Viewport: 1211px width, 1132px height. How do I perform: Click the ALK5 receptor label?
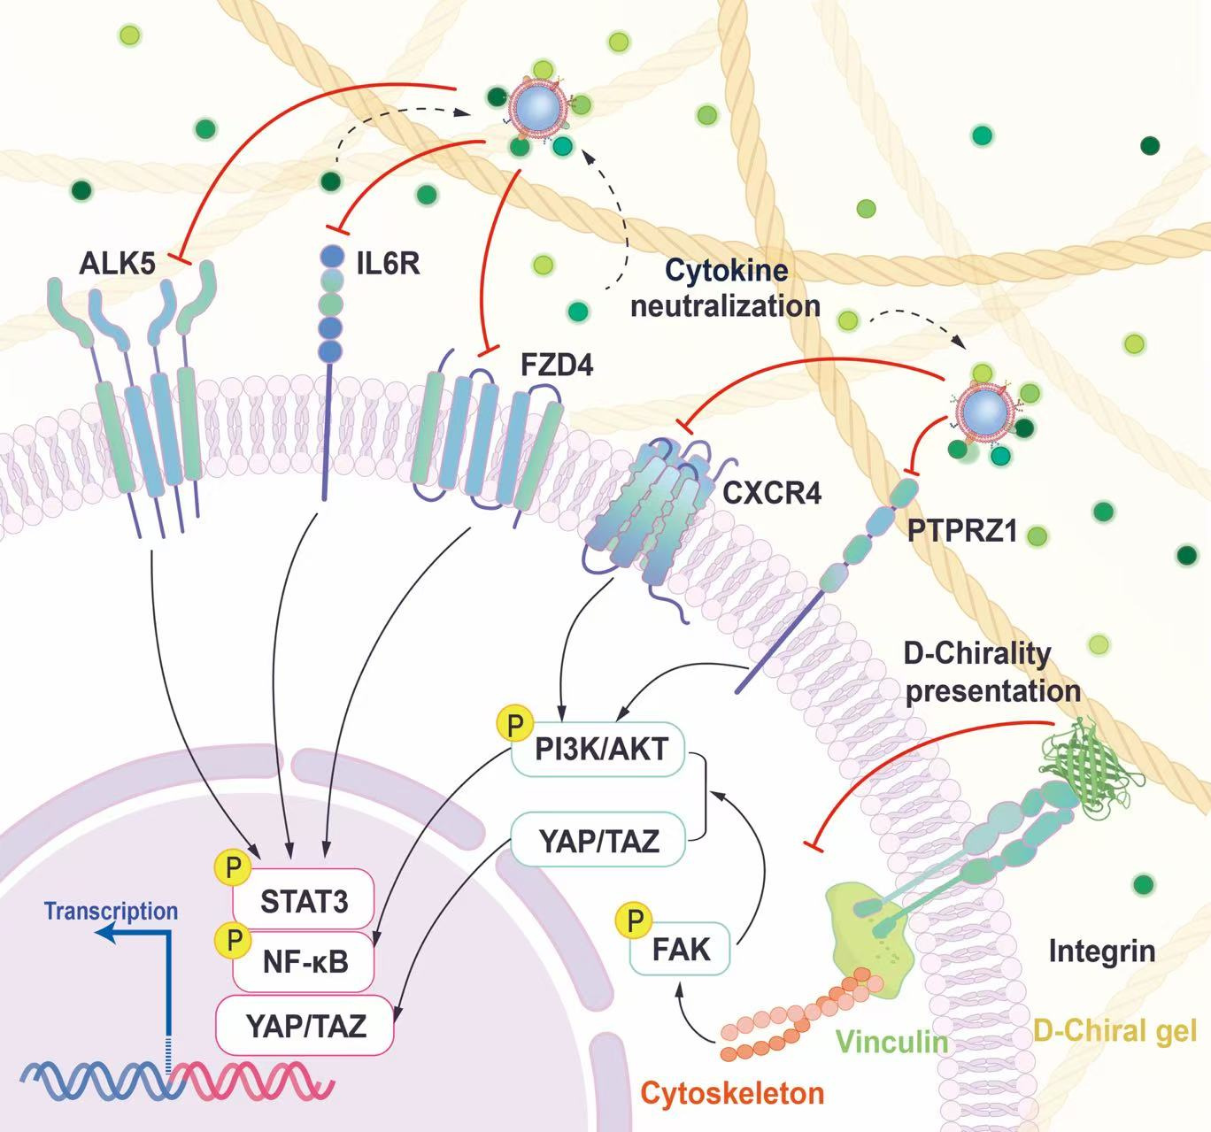(117, 265)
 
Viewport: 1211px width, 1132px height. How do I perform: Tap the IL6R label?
(389, 264)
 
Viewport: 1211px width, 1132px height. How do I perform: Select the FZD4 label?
(557, 366)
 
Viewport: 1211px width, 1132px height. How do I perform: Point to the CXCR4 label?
(772, 493)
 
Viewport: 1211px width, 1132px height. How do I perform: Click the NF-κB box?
(304, 962)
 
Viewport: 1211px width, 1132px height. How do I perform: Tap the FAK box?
(680, 950)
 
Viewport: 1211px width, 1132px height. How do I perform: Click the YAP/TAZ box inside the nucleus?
(305, 1026)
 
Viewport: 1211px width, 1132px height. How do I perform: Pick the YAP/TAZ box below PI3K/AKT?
(598, 841)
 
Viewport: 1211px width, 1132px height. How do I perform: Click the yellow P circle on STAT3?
(233, 867)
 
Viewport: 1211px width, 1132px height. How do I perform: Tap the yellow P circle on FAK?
(635, 919)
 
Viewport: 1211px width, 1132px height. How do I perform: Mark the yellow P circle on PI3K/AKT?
(516, 724)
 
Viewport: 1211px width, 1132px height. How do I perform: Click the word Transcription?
(111, 912)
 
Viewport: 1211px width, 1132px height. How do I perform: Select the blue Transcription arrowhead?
(107, 933)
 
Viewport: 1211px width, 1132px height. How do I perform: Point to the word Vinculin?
(892, 1043)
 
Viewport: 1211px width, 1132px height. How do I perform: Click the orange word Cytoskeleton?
(733, 1094)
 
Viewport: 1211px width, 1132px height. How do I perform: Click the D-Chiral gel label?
(1115, 1031)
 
